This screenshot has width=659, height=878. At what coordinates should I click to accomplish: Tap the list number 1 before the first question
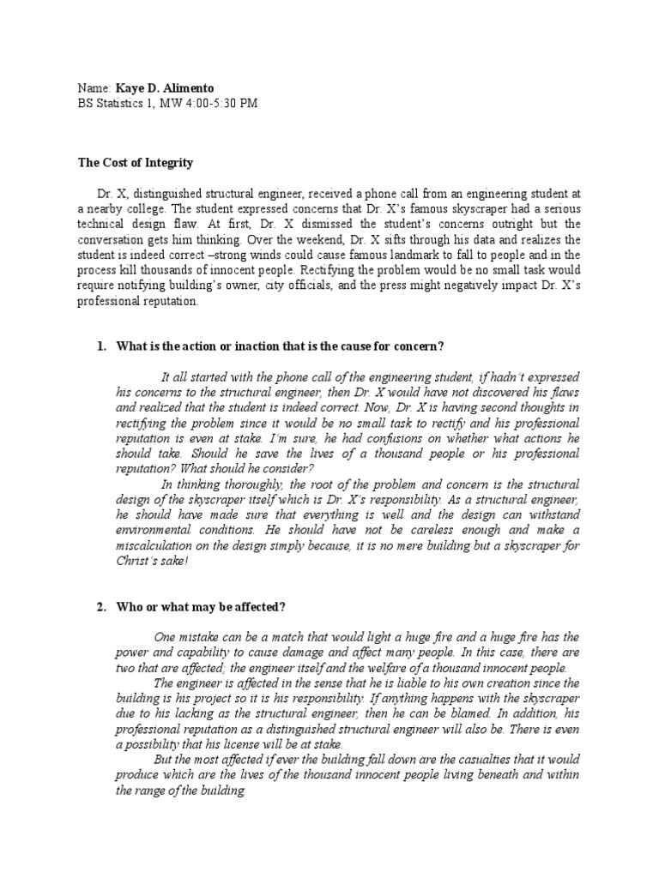click(100, 346)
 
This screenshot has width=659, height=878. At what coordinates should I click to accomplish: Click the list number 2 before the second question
click(100, 607)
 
